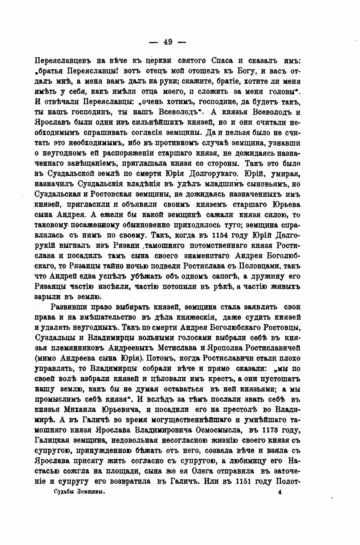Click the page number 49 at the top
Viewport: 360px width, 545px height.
pos(167,42)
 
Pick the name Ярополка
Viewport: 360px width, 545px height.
pos(234,348)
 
